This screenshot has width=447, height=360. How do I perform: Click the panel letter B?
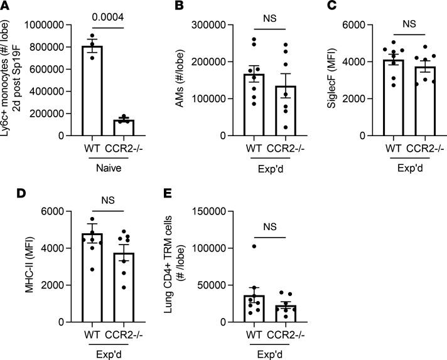coord(160,7)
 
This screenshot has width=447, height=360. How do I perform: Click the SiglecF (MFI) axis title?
coord(333,80)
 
